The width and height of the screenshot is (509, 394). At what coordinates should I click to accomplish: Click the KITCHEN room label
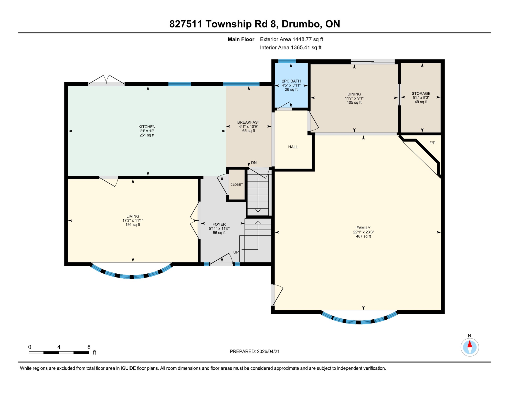(x=147, y=127)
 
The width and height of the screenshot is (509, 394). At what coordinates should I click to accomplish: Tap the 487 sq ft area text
(x=363, y=236)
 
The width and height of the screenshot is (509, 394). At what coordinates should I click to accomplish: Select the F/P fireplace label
(x=432, y=143)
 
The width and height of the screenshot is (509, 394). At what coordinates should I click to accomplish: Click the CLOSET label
(x=236, y=184)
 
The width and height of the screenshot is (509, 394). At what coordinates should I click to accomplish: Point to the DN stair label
(x=254, y=163)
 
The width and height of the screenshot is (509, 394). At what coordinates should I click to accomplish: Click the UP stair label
(x=236, y=252)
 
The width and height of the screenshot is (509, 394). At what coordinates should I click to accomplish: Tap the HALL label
(x=293, y=147)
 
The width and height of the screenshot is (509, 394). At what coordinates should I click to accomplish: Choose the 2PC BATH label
(x=291, y=81)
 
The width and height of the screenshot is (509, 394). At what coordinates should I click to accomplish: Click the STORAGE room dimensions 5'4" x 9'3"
(x=421, y=98)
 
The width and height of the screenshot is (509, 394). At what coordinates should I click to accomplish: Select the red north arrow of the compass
(x=470, y=344)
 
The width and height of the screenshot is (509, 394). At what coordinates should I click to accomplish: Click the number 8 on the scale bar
(x=89, y=347)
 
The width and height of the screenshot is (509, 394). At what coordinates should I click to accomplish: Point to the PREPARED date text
(x=254, y=351)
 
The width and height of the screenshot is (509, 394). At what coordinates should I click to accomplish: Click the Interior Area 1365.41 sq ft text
(x=291, y=47)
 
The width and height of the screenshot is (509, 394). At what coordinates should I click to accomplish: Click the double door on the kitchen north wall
(x=106, y=80)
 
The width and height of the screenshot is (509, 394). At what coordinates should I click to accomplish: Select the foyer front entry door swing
(x=221, y=259)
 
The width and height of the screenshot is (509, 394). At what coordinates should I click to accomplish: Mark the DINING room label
(x=354, y=94)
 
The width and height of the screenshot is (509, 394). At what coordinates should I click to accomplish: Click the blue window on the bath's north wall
(x=287, y=61)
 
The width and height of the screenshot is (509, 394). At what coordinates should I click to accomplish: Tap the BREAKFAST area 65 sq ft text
(x=248, y=131)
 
